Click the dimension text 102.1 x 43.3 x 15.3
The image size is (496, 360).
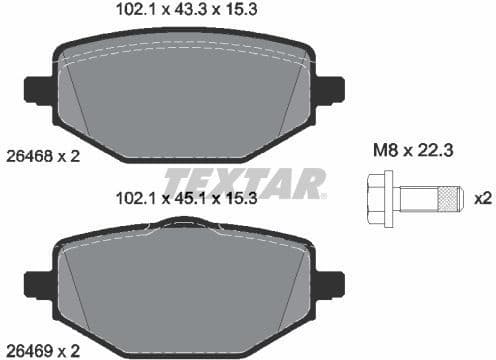pos(181,13)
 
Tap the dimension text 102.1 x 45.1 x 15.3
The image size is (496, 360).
pos(181,199)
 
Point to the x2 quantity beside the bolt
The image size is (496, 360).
pos(483,198)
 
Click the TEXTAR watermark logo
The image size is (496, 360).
pos(244,183)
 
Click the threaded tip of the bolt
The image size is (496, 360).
pos(452,198)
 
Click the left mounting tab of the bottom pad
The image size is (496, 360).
pos(37,284)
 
